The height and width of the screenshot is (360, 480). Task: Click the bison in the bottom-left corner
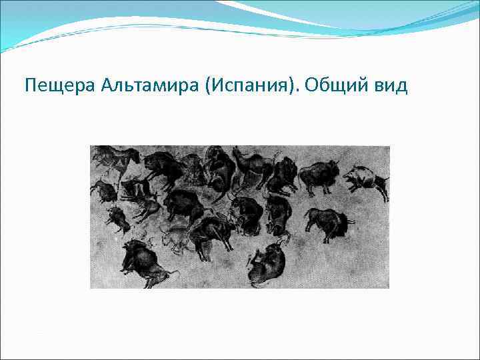pyautogui.click(x=143, y=260)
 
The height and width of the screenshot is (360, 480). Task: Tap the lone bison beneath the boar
pyautogui.click(x=325, y=221)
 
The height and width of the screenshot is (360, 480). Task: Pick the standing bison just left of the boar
pyautogui.click(x=318, y=177)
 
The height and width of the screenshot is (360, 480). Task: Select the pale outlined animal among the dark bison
pyautogui.click(x=175, y=239)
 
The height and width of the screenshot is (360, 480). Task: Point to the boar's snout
pyautogui.click(x=346, y=175)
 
